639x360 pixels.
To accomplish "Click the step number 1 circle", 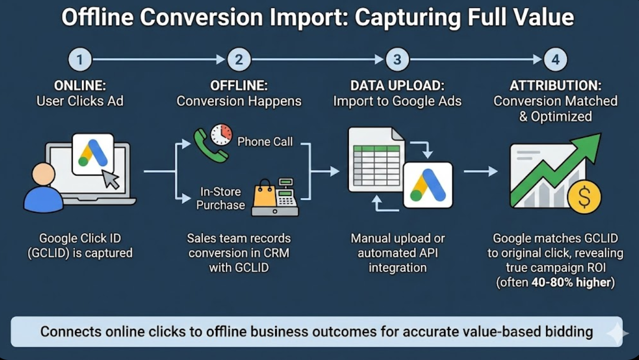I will pyautogui.click(x=79, y=60).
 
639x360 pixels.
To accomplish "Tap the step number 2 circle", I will pyautogui.click(x=238, y=60).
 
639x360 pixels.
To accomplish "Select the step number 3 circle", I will pyautogui.click(x=397, y=60).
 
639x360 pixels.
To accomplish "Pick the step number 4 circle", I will pyautogui.click(x=556, y=60).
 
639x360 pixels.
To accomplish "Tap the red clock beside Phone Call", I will pyautogui.click(x=222, y=134).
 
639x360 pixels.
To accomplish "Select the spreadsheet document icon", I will pyautogui.click(x=376, y=159).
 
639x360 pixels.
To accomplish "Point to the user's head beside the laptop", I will pyautogui.click(x=43, y=175).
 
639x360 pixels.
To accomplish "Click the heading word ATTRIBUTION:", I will pyautogui.click(x=555, y=85).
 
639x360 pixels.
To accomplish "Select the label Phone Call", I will pyautogui.click(x=265, y=141).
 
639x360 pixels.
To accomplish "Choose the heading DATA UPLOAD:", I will pyautogui.click(x=397, y=85).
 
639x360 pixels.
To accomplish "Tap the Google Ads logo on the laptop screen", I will pyautogui.click(x=93, y=153).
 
